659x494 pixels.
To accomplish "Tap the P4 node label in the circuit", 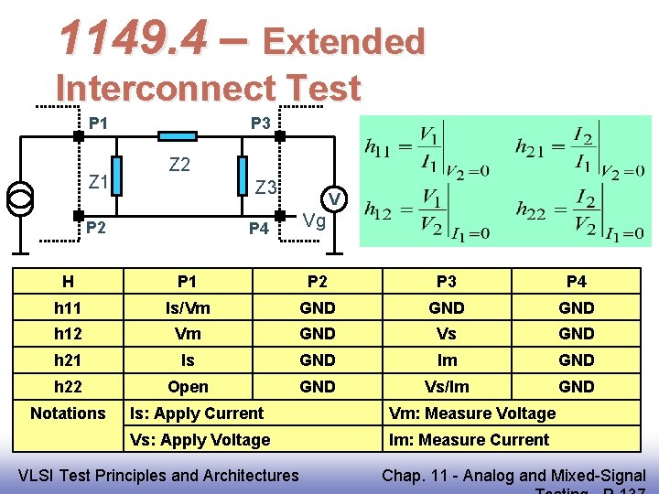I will click(259, 228).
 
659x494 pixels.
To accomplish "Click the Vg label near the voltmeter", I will click(315, 220).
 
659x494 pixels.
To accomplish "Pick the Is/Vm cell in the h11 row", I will click(188, 308).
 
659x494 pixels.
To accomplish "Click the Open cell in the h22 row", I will click(188, 387).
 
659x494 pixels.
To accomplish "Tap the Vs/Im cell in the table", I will click(447, 387).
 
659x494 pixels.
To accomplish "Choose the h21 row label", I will click(68, 360).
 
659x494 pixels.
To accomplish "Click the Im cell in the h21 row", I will click(447, 360).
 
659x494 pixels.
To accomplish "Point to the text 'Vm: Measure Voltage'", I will click(472, 413).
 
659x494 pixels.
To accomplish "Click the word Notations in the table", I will click(68, 413).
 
